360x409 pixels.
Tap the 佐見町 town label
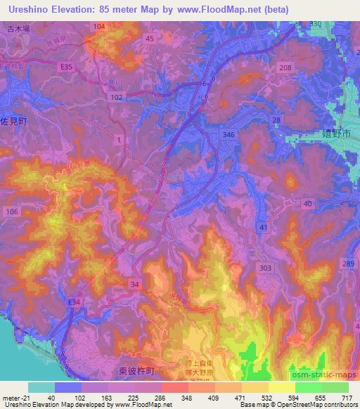13,121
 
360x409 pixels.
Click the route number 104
99,26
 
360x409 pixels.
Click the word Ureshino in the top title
26,11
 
